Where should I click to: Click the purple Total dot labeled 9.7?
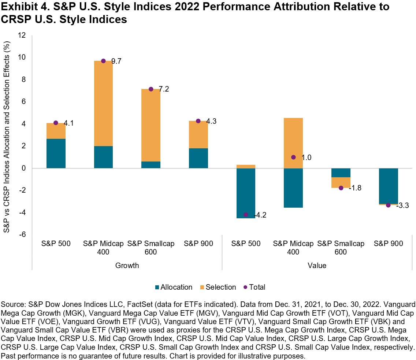103,61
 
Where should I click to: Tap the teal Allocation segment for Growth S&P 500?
56,153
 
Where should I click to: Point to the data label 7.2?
164,89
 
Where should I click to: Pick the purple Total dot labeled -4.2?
246,215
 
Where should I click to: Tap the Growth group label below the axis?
127,266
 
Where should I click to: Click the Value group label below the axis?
317,266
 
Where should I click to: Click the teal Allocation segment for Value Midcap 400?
293,188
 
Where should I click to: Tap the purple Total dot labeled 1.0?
293,157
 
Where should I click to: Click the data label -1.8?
355,188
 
